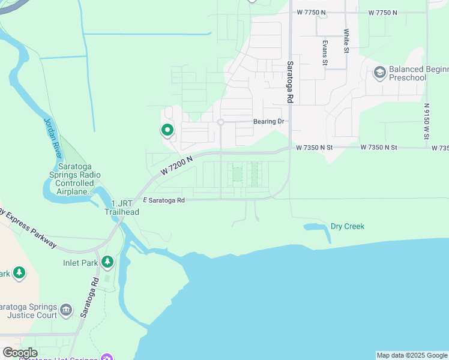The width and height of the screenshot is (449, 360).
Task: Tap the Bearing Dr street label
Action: coord(268,122)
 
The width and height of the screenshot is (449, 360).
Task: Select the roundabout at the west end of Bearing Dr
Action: coord(221,122)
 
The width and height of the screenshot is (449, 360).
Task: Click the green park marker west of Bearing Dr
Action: coord(166,130)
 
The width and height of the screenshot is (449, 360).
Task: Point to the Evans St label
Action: coord(325,52)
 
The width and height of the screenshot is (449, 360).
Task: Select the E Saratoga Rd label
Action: coord(163,200)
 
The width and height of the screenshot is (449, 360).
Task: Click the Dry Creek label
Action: coord(348,226)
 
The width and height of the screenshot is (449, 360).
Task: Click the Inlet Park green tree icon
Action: coord(107,262)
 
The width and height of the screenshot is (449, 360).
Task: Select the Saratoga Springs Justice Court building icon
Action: coord(66,310)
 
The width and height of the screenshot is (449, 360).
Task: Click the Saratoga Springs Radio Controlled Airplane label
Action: coord(75,179)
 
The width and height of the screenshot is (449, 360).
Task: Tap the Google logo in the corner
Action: coord(20,352)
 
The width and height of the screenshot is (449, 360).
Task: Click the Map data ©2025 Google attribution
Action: coord(412,355)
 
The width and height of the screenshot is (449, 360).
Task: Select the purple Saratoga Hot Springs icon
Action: coord(107,358)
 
